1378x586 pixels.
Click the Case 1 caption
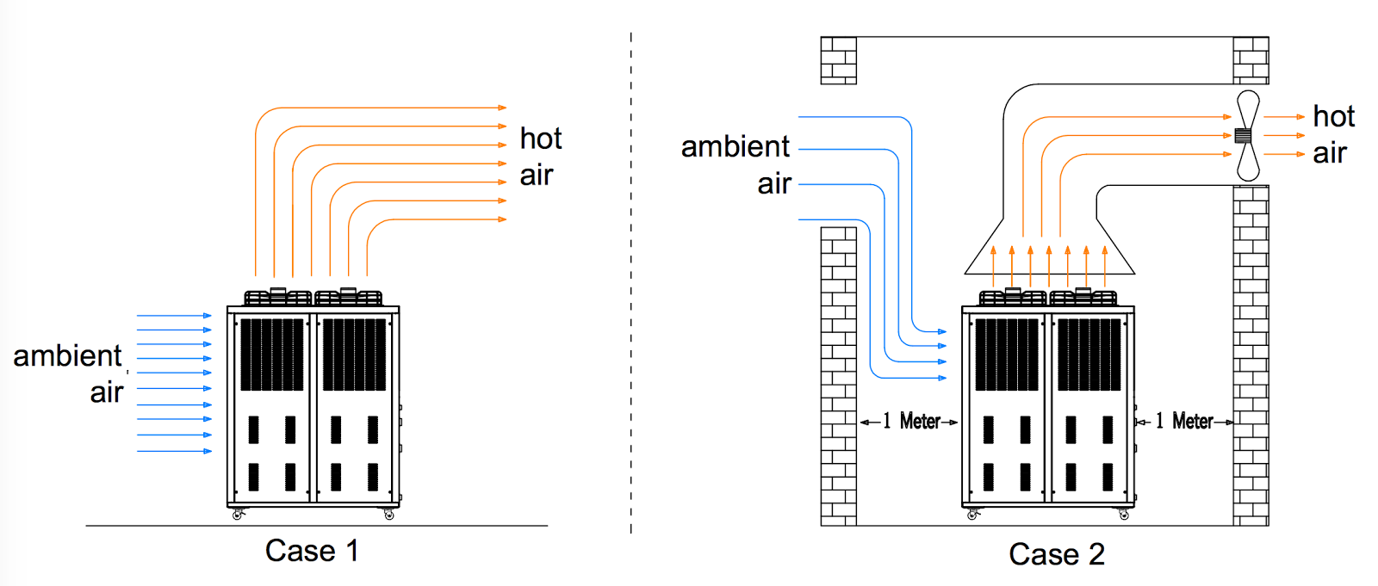[311, 551]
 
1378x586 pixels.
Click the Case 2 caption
[1056, 554]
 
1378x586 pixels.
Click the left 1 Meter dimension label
[910, 421]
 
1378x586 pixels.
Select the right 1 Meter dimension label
[1184, 421]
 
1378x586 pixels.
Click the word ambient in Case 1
[67, 355]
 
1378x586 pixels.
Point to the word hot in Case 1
[541, 139]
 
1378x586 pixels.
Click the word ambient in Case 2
[735, 147]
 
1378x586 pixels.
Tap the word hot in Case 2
[1333, 116]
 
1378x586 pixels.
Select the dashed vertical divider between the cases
[631, 284]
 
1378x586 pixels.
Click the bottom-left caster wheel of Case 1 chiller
[238, 515]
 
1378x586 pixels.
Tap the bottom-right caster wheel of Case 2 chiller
[1124, 515]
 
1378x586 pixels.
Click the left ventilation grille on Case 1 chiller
[271, 355]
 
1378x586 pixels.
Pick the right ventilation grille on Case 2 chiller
[1089, 355]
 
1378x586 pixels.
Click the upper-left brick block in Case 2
[838, 60]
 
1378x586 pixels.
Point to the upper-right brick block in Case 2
[1251, 60]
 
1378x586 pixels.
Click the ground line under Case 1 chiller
[316, 525]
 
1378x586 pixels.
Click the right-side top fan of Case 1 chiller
[349, 297]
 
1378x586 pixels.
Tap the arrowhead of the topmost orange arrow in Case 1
[503, 108]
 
